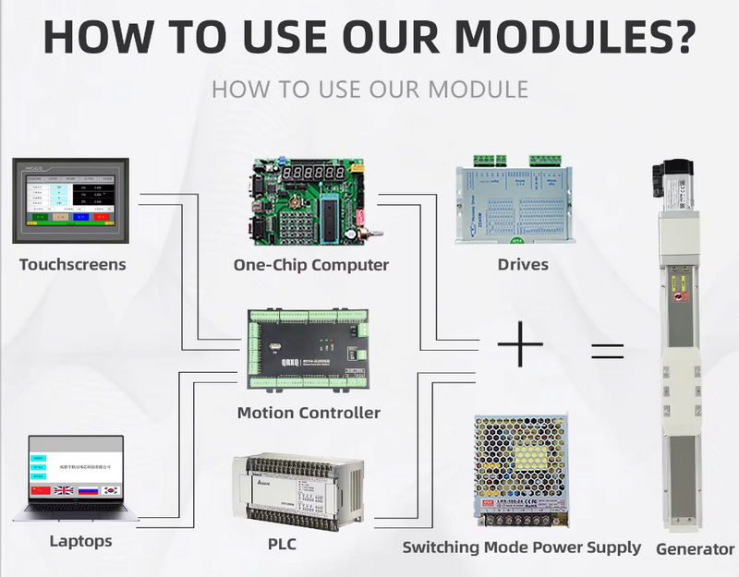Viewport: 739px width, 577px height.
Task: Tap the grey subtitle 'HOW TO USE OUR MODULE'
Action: coord(369,90)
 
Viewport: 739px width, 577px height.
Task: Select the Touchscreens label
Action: coord(73,265)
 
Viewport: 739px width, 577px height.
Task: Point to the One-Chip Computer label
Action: coord(311,265)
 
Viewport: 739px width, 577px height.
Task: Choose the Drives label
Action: coord(523,265)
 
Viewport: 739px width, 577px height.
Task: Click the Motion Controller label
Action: coord(309,413)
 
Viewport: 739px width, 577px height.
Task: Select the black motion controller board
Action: coord(309,352)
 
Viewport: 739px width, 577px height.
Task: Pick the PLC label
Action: coord(282,545)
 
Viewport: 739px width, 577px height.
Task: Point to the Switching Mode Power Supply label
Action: coord(521,547)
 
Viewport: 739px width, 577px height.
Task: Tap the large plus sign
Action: coord(520,347)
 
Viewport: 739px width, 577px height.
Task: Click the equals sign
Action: coord(607,351)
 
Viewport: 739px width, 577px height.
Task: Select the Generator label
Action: coord(695,549)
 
